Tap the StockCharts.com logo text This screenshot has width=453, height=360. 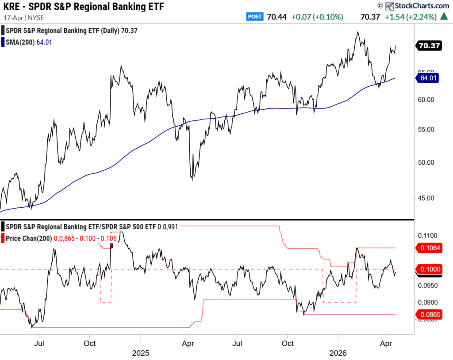[x=421, y=6]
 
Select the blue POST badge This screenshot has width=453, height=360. [x=255, y=17]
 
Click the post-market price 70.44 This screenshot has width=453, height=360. [x=277, y=17]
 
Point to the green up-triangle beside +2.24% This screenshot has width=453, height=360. [x=444, y=17]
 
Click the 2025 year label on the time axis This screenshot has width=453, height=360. [x=140, y=353]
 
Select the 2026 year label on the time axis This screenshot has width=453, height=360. [x=338, y=353]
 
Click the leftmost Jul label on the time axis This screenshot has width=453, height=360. [x=40, y=343]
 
